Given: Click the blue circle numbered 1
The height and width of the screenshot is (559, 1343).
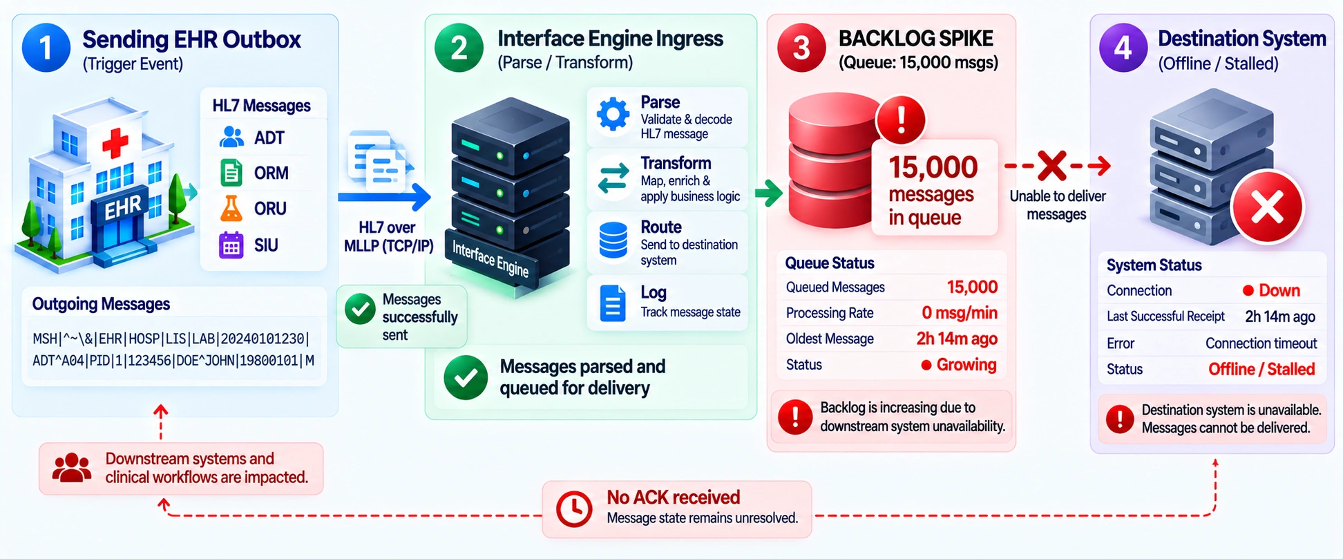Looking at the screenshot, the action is pyautogui.click(x=46, y=48).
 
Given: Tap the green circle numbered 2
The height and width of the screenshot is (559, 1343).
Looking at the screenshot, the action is pyautogui.click(x=459, y=48).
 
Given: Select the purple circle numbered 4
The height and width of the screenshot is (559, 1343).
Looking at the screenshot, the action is pyautogui.click(x=1123, y=48).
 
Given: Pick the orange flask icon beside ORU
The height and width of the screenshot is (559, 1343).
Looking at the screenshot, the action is pyautogui.click(x=231, y=208).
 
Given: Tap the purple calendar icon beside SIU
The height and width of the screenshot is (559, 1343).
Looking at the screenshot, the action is pyautogui.click(x=231, y=245).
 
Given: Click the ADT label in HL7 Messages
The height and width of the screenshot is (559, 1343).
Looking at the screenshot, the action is pyautogui.click(x=269, y=138).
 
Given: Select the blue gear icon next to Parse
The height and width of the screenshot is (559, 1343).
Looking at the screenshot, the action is pyautogui.click(x=613, y=114).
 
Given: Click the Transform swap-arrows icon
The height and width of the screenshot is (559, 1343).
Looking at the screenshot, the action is pyautogui.click(x=613, y=178).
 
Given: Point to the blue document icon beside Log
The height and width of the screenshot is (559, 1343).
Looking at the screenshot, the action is pyautogui.click(x=613, y=303).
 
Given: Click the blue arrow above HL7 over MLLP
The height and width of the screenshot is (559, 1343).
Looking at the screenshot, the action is pyautogui.click(x=384, y=197).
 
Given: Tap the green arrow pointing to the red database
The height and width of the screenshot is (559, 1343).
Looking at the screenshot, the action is pyautogui.click(x=768, y=193).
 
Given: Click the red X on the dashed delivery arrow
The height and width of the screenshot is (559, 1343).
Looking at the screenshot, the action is pyautogui.click(x=1051, y=166).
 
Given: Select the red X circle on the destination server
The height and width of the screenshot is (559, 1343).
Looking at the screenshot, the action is pyautogui.click(x=1267, y=207).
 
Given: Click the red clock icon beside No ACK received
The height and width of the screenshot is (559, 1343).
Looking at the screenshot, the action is pyautogui.click(x=574, y=509).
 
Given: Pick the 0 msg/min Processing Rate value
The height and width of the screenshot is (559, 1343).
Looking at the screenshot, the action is pyautogui.click(x=960, y=313).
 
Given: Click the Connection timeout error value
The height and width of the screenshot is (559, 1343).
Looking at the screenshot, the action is pyautogui.click(x=1261, y=343).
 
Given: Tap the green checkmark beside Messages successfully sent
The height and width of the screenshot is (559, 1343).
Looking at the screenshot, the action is pyautogui.click(x=360, y=310).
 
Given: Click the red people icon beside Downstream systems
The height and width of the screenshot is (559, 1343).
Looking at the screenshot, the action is pyautogui.click(x=72, y=468).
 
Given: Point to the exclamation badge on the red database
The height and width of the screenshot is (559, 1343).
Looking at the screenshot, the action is pyautogui.click(x=901, y=120).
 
